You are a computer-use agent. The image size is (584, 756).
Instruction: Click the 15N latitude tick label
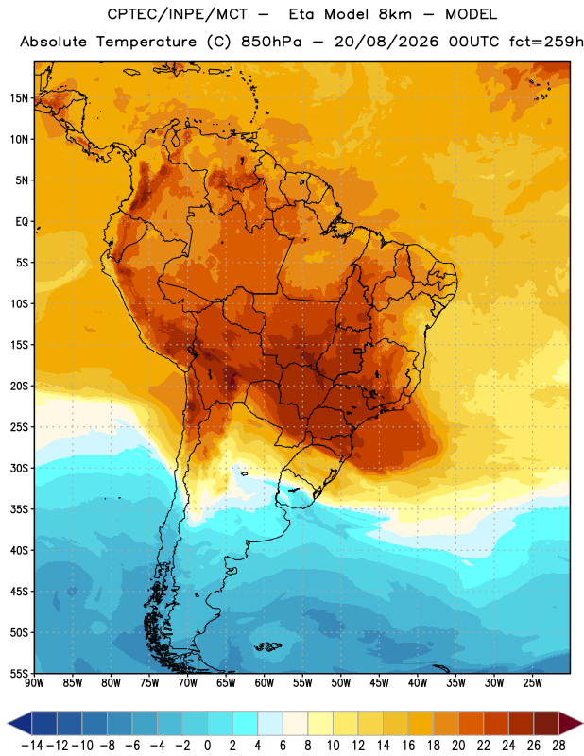click(x=19, y=98)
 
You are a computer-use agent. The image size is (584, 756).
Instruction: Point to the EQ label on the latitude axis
click(x=22, y=222)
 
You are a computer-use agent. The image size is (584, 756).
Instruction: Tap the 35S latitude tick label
click(x=19, y=509)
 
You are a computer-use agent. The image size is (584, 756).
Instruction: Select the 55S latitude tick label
click(x=19, y=673)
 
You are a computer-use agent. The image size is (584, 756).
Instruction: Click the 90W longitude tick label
click(x=34, y=682)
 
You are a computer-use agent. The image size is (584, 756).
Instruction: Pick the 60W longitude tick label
click(x=265, y=682)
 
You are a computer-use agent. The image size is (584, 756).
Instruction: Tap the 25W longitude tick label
click(x=532, y=682)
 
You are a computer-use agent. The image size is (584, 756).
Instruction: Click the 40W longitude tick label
click(x=418, y=682)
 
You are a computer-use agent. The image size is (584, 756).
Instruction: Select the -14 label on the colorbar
click(x=32, y=746)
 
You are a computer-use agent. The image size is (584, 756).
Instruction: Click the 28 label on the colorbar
click(x=558, y=746)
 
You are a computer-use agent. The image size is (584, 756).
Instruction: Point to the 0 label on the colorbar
click(x=208, y=746)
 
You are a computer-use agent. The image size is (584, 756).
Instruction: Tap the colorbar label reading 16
click(x=408, y=746)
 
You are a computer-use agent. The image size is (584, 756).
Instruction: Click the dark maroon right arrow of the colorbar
click(x=571, y=723)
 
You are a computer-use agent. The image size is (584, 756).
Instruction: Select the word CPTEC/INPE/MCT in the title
click(x=178, y=14)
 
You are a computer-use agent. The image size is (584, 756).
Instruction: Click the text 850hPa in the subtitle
click(x=271, y=42)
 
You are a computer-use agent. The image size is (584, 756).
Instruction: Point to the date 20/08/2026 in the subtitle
click(x=386, y=42)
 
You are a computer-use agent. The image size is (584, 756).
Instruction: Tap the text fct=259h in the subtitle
click(x=546, y=42)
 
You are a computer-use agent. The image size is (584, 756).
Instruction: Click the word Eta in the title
click(x=301, y=14)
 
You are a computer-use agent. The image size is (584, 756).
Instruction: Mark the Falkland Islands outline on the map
click(x=267, y=646)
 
